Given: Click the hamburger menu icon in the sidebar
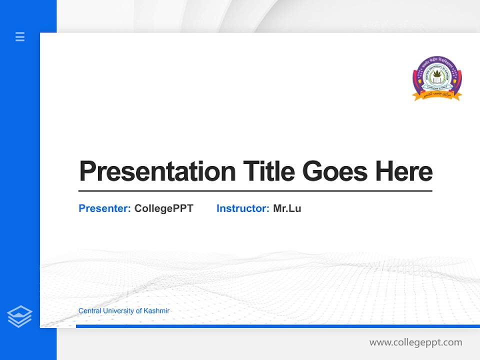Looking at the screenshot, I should (20, 36).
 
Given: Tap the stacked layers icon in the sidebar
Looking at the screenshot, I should (19, 316).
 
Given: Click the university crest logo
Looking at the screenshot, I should (437, 78).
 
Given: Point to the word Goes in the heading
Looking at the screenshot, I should (335, 171).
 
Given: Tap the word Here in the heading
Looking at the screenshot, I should (404, 171).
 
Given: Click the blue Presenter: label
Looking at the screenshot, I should (104, 208).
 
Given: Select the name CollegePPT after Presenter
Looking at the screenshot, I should (163, 208).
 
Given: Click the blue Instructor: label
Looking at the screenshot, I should (242, 208).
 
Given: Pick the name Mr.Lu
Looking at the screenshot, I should (287, 208).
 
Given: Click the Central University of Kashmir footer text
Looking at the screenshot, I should (123, 310).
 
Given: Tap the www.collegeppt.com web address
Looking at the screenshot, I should (415, 342).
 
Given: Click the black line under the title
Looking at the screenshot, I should (255, 191).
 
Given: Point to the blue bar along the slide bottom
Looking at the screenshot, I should (277, 326).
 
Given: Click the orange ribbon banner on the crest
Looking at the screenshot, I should (437, 95).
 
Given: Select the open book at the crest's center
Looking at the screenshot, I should (437, 80).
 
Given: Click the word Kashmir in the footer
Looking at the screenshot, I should (156, 310).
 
